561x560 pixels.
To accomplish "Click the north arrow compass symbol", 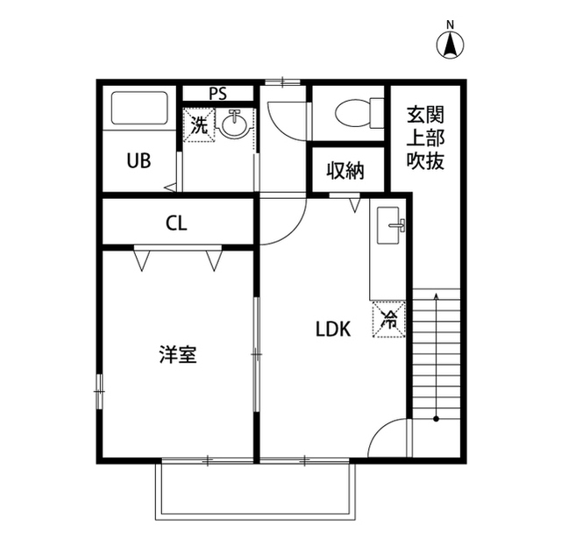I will [450, 45].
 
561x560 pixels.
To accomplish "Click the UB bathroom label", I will [138, 161].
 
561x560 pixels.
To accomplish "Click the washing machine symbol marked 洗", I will [200, 124].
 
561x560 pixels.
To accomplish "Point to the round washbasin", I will [233, 125].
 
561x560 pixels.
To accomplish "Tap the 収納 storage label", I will [346, 170].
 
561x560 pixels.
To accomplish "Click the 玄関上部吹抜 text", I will [425, 138].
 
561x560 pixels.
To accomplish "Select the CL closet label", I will [175, 223].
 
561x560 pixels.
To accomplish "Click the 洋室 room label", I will [177, 355].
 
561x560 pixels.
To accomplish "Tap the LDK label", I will [333, 330].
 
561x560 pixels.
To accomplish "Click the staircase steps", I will [436, 351].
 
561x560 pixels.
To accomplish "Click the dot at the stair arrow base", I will [436, 419].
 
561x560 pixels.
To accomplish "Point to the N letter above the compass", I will [450, 24].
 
